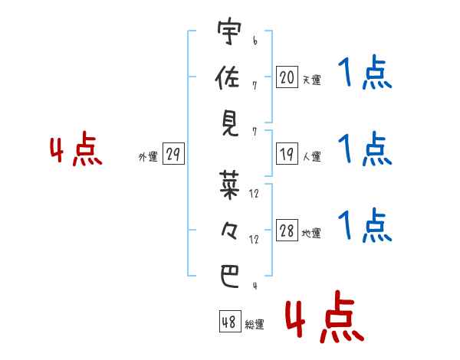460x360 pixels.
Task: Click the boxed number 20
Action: point(287,77)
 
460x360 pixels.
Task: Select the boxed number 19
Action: point(287,154)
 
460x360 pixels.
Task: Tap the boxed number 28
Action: point(287,231)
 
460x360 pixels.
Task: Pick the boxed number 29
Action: point(172,155)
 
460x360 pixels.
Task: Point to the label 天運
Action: point(311,80)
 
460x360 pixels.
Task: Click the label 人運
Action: point(311,157)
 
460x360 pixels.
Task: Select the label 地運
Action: point(311,234)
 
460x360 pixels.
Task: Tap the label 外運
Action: point(148,157)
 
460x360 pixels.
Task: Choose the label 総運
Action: point(255,324)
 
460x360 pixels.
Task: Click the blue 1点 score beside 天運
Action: point(365,74)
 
